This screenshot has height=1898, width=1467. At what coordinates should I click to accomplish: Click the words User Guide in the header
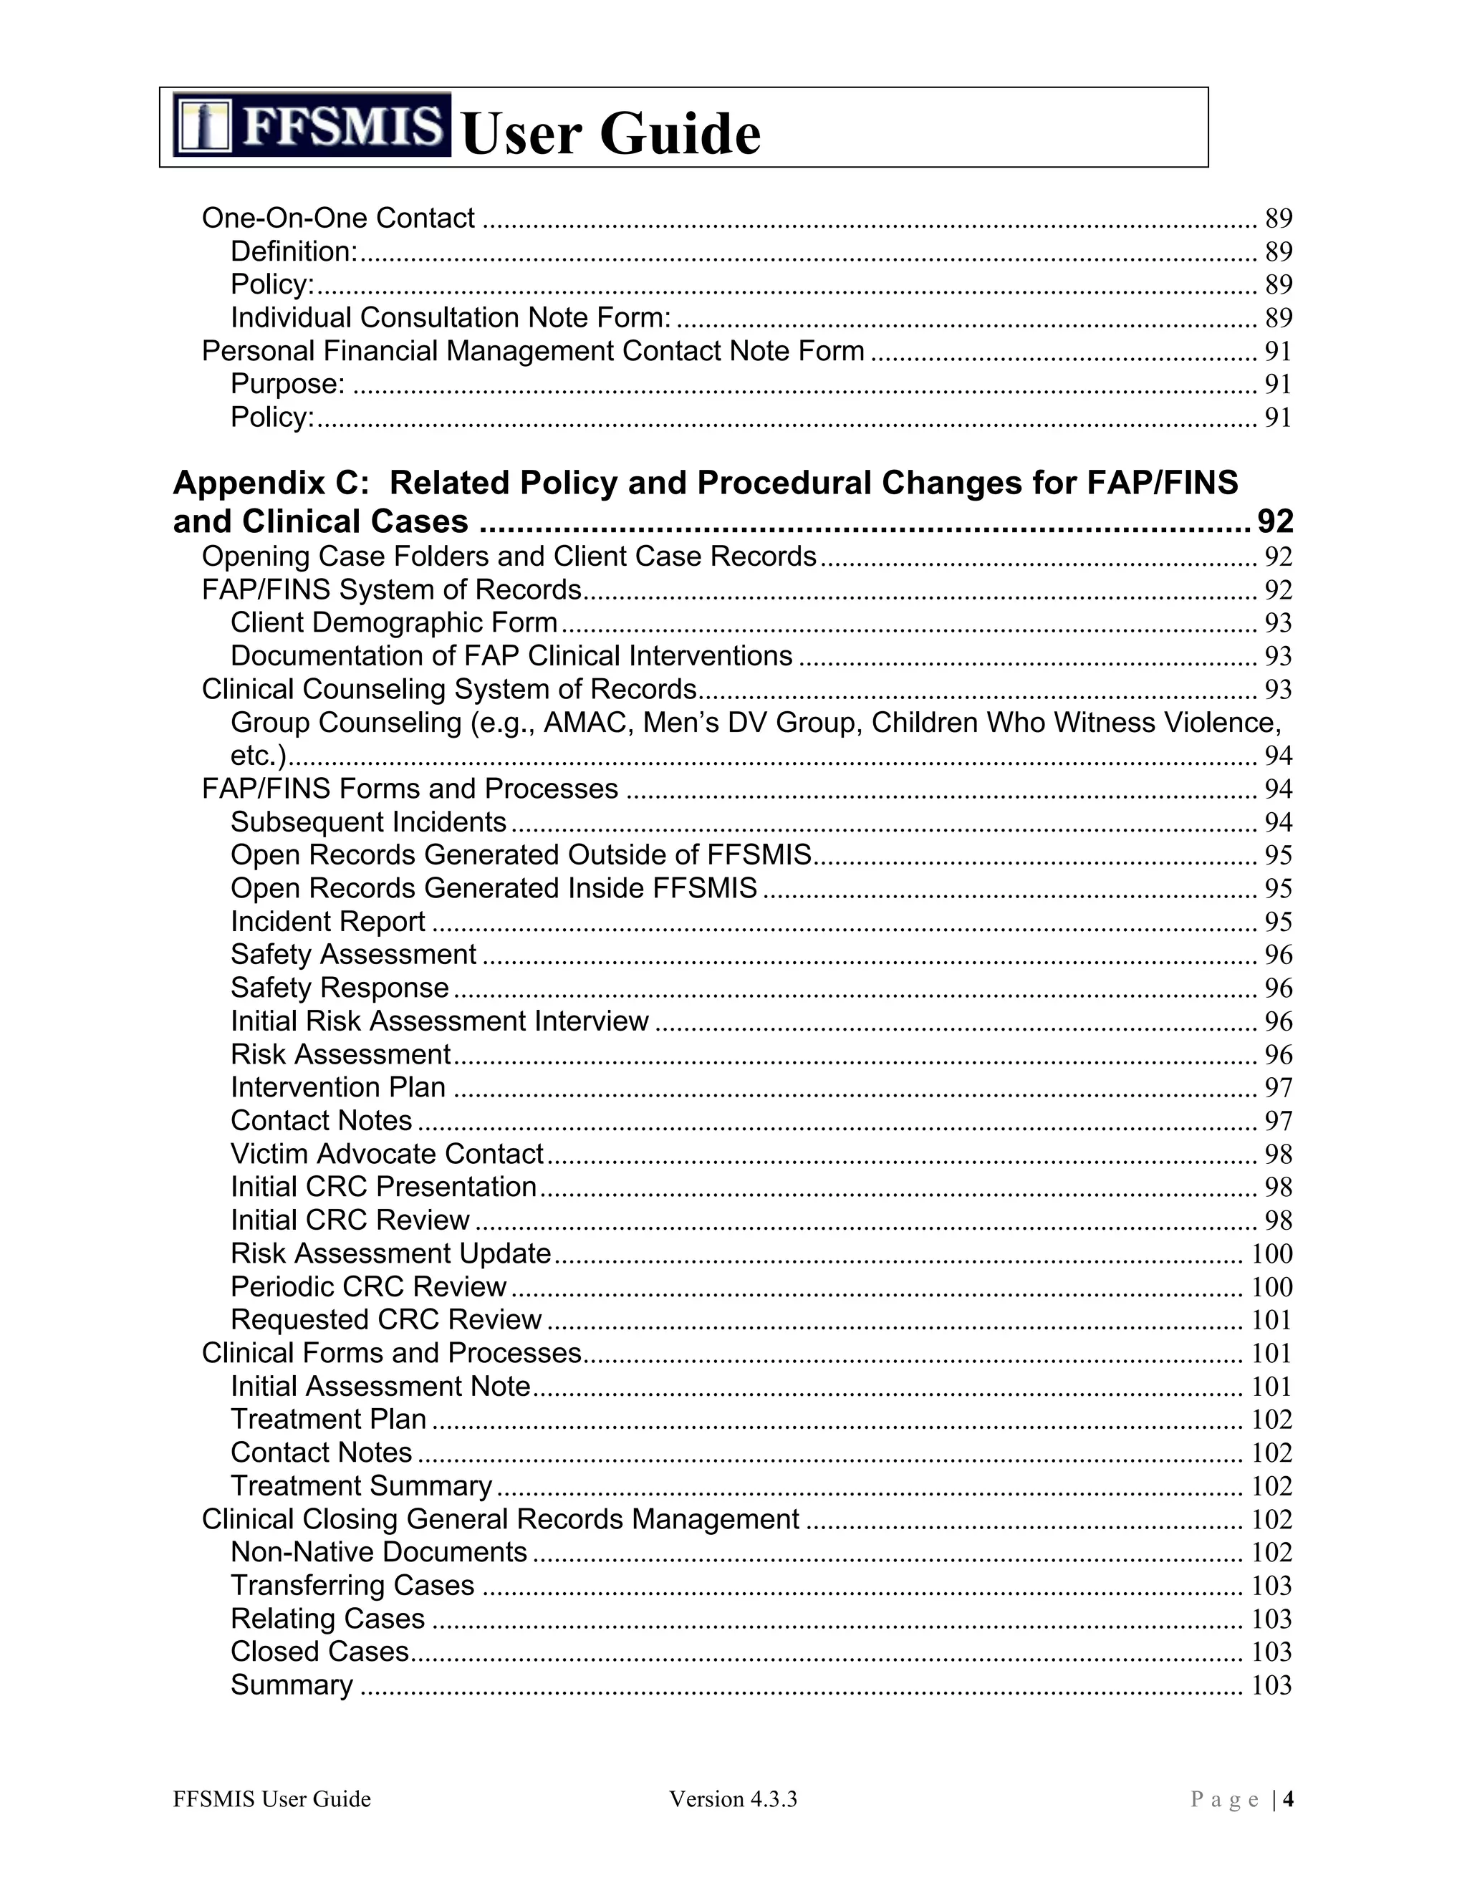coord(611,135)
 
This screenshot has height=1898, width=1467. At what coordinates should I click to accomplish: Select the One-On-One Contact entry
coord(338,217)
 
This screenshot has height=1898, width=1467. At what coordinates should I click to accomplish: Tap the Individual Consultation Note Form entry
coord(450,317)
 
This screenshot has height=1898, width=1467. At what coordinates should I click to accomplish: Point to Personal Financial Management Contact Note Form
coord(533,350)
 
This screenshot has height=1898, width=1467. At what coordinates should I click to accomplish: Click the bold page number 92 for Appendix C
coord(1275,521)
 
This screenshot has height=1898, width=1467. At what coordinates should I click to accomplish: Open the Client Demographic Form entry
coord(394,622)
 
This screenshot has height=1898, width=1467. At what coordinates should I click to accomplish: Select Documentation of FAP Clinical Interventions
coord(511,655)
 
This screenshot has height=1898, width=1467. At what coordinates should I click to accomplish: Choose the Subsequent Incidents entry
coord(368,822)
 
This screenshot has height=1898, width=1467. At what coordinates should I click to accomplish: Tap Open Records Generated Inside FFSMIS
coord(494,887)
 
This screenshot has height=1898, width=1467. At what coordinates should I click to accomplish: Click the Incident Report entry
coord(327,920)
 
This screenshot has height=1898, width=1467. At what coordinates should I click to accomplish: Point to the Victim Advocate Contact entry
coord(387,1153)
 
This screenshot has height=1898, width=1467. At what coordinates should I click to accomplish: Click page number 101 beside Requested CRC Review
coord(1271,1319)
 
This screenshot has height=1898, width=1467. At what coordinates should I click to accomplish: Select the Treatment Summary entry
coord(362,1485)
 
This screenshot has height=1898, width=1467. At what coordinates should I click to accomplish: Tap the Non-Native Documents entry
coord(379,1551)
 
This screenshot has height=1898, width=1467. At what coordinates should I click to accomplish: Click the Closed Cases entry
coord(319,1650)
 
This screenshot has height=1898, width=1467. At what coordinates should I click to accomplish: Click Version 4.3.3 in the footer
coord(733,1799)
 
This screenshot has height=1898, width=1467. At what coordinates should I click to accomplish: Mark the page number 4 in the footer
coord(1288,1799)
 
